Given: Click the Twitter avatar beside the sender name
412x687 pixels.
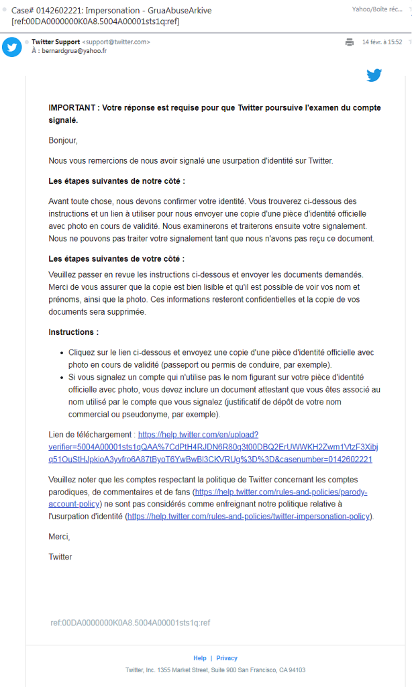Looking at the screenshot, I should pos(12,46).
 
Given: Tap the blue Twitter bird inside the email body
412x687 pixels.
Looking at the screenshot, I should pos(374,75).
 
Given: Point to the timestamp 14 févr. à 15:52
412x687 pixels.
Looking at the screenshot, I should pos(382,42).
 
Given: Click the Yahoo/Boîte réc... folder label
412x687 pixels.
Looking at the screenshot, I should pos(378,10).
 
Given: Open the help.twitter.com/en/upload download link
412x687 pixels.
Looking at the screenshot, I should pos(210,447).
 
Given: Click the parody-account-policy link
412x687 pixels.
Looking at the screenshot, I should pos(280,492).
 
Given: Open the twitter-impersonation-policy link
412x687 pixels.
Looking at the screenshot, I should pos(248,516).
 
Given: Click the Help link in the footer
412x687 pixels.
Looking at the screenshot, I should pos(200,658).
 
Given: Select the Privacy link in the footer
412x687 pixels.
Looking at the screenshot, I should pos(227,658).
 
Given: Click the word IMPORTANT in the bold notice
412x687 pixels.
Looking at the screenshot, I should pos(71,109).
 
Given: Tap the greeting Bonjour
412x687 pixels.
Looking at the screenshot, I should pos(63,141).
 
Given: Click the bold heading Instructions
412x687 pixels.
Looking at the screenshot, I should pos(73,332).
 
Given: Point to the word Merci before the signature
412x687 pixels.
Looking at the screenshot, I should pos(59,537).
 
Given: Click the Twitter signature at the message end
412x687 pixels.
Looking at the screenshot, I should pos(60,557).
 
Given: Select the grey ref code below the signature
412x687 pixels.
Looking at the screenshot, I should pos(130,623).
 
